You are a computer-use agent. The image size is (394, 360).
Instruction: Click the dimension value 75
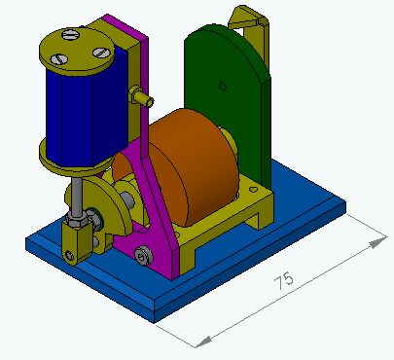284,280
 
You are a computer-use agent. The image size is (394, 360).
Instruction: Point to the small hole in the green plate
223,87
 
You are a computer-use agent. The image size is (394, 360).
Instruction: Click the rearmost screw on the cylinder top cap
71,35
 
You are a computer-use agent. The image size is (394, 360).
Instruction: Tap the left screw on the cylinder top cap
59,59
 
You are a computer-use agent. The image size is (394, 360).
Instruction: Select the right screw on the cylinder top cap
101,53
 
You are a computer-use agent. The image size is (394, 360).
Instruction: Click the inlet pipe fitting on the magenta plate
140,96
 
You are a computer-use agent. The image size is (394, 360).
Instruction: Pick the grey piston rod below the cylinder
77,198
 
